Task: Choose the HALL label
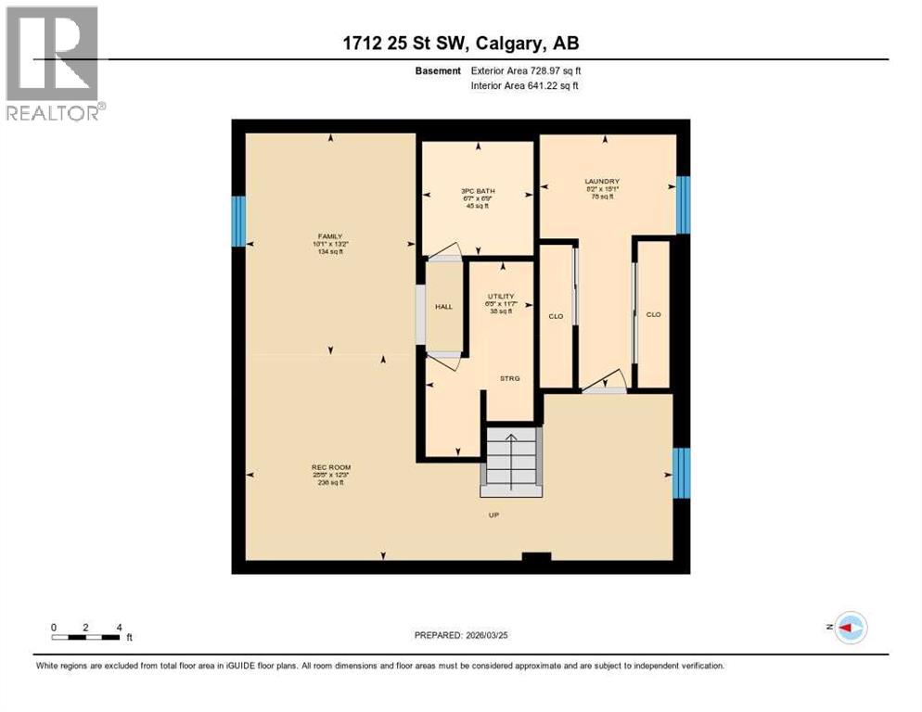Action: (442, 306)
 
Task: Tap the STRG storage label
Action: (509, 378)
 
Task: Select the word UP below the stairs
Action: (494, 515)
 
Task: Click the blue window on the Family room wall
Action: (238, 222)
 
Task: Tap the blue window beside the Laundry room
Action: (684, 205)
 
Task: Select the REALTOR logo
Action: (54, 63)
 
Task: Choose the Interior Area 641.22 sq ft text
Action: (525, 86)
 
